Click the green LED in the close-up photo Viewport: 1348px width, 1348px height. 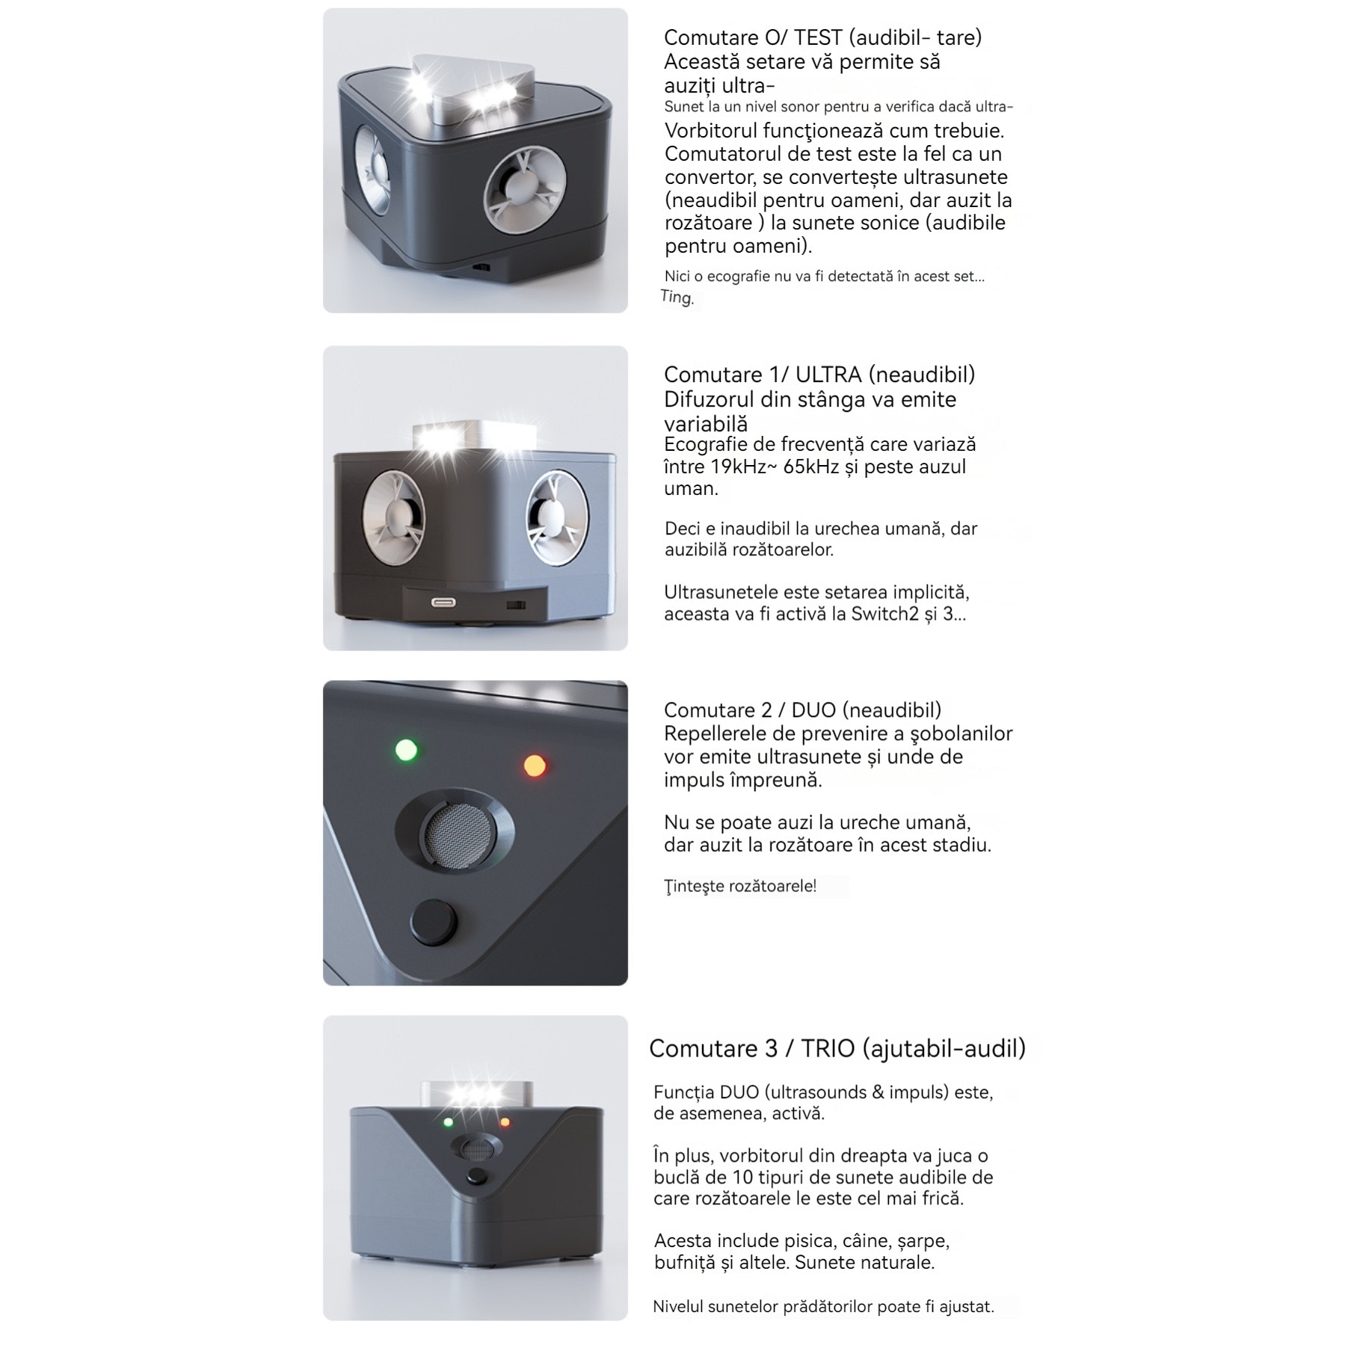(406, 749)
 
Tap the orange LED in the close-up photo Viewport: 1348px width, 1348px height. (535, 766)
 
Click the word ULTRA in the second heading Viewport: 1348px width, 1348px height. (828, 375)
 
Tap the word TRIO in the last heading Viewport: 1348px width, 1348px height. (828, 1048)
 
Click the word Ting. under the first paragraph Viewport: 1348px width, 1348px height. (677, 298)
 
